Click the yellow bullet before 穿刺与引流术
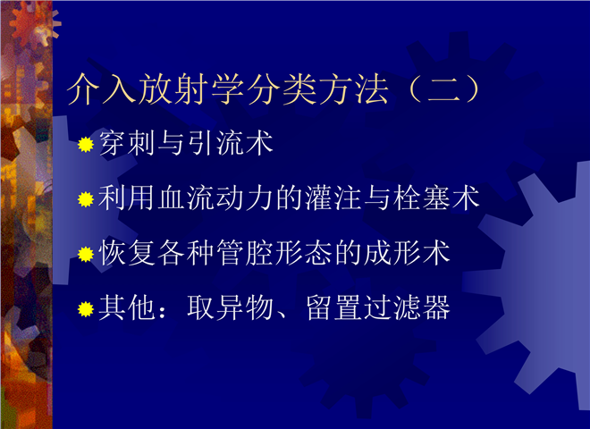pos(86,145)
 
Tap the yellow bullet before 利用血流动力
pos(86,199)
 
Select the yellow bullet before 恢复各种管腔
pos(86,255)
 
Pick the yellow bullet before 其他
pos(86,309)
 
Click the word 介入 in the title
pos(102,89)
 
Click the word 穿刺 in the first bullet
pos(127,143)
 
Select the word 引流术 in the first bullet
pos(231,143)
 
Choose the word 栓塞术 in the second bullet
pos(436,198)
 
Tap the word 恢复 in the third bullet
pos(127,253)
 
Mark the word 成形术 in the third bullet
pos(407,253)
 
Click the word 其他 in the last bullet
pos(127,307)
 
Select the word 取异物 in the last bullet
pos(231,307)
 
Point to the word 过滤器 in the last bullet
pos(407,307)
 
